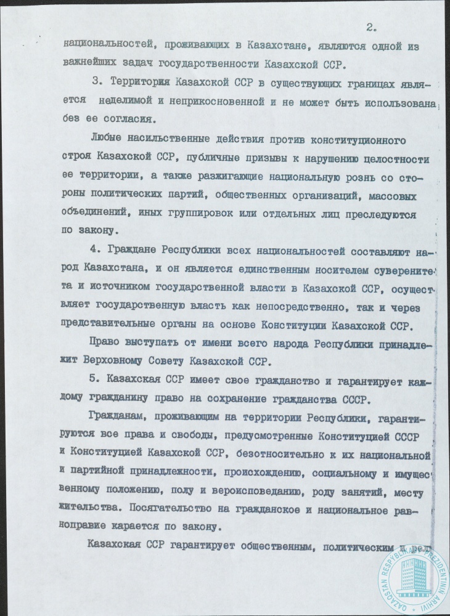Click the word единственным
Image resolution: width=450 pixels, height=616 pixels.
click(x=245, y=271)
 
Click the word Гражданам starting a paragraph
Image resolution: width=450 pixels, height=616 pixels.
click(x=113, y=418)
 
